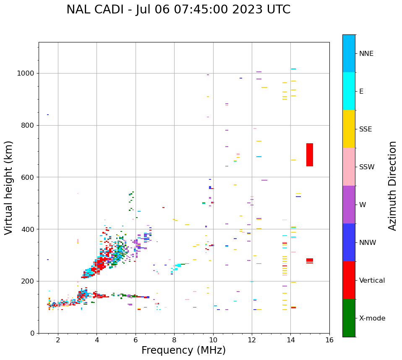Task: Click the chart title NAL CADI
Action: click(x=178, y=10)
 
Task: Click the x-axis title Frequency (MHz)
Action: click(x=183, y=350)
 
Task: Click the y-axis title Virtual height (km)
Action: click(x=9, y=187)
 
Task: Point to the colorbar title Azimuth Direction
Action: click(x=392, y=186)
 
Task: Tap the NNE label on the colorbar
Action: click(x=366, y=54)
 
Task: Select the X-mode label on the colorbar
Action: click(x=372, y=318)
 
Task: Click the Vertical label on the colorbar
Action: click(x=372, y=281)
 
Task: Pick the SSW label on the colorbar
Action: click(x=367, y=167)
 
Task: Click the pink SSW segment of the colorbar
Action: click(x=349, y=167)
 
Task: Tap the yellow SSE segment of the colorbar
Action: click(x=349, y=129)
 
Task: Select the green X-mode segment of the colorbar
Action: click(x=349, y=318)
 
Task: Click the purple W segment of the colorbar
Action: click(x=349, y=205)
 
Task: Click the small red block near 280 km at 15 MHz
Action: click(x=310, y=260)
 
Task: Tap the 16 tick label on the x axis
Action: click(x=329, y=339)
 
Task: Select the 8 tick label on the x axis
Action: click(x=174, y=339)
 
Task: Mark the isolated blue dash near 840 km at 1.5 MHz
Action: click(x=48, y=115)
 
